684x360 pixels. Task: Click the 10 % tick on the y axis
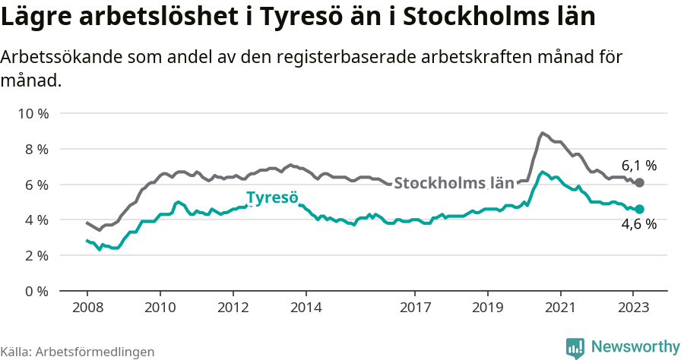coord(33,114)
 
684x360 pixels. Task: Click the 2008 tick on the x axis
coord(87,308)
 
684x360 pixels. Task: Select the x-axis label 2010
coord(160,308)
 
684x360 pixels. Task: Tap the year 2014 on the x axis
coord(306,308)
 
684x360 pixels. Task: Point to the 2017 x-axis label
coord(414,308)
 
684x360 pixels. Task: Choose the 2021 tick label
coord(560,308)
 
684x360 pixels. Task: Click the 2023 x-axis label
coord(633,308)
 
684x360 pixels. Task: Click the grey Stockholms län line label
coord(454,183)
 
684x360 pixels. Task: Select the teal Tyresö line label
coord(271,198)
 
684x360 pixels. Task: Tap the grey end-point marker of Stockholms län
coord(640,183)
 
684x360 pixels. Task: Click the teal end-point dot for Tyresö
coord(640,209)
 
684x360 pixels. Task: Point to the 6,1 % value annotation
coord(638,165)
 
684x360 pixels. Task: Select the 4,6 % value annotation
coord(638,224)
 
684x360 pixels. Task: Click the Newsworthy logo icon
coord(575,347)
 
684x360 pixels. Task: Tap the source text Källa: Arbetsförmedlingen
coord(78,352)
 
